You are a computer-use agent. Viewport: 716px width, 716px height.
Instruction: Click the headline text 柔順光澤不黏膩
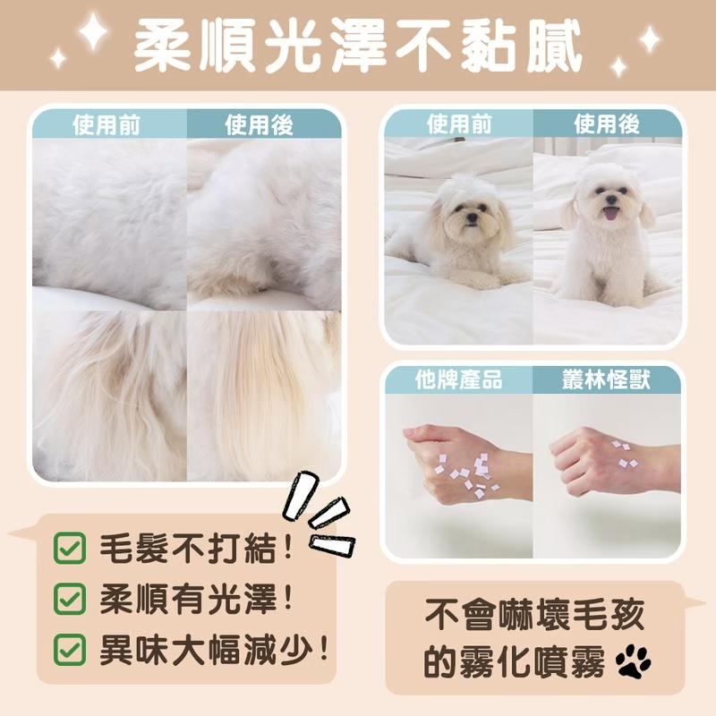pyautogui.click(x=358, y=46)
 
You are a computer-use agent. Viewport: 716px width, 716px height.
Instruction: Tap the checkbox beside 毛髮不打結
pyautogui.click(x=70, y=548)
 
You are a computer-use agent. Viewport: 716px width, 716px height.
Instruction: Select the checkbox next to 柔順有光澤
pyautogui.click(x=70, y=598)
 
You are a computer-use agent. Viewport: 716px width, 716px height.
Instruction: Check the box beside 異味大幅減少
pyautogui.click(x=70, y=649)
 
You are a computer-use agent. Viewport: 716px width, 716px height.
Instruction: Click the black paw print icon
pyautogui.click(x=633, y=661)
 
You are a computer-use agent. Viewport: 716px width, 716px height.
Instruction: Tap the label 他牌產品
pyautogui.click(x=458, y=379)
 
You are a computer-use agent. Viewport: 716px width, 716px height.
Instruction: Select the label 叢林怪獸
pyautogui.click(x=606, y=379)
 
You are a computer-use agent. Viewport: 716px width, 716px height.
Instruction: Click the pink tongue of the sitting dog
pyautogui.click(x=610, y=213)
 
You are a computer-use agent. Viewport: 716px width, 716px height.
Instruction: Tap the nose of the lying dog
pyautogui.click(x=472, y=218)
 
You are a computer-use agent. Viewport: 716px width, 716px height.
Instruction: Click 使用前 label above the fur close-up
pyautogui.click(x=107, y=124)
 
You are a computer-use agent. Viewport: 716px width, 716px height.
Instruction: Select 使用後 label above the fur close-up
pyautogui.click(x=259, y=124)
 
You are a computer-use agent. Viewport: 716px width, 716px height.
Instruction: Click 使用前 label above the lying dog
pyautogui.click(x=459, y=124)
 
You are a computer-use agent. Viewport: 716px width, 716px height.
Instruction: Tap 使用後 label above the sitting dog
pyautogui.click(x=607, y=124)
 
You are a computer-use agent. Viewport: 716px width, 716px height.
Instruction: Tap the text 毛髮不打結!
pyautogui.click(x=196, y=548)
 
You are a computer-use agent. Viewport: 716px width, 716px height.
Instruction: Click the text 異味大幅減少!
pyautogui.click(x=215, y=649)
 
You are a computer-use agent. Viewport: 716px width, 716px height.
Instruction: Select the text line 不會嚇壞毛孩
pyautogui.click(x=534, y=615)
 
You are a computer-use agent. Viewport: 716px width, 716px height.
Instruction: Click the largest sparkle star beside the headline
pyautogui.click(x=93, y=31)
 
